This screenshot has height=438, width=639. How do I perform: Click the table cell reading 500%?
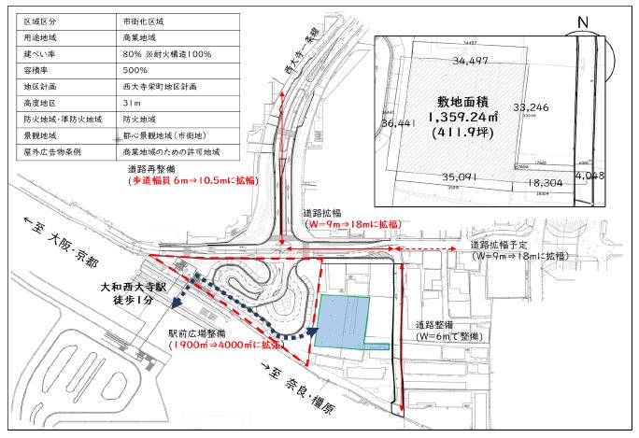pos(135,70)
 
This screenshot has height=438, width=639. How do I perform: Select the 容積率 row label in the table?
pos(39,70)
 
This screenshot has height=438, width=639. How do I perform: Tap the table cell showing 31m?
pos(132,103)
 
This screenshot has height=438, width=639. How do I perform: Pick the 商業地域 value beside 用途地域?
pos(140,38)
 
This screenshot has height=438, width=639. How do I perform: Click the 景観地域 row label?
pos(42,134)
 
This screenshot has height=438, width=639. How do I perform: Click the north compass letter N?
pos(583,23)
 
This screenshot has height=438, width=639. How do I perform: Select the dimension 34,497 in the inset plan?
pos(471,62)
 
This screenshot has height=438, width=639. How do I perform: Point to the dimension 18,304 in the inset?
pos(545,184)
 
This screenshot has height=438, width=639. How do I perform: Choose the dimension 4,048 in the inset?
pos(589,175)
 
